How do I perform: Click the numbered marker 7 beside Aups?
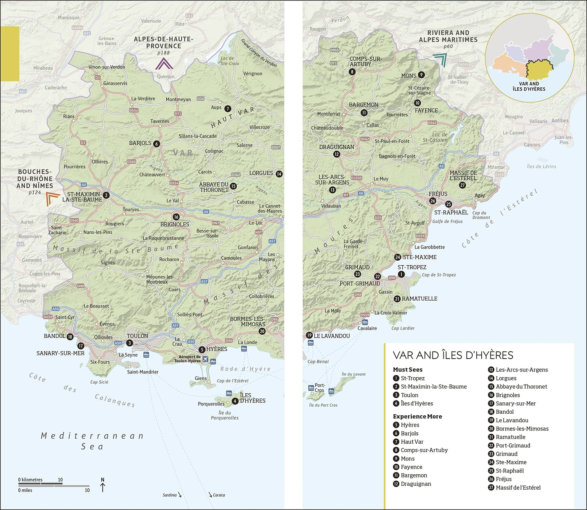pyautogui.click(x=228, y=108)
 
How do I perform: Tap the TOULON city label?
pyautogui.click(x=137, y=336)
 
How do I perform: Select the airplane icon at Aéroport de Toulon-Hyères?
pyautogui.click(x=205, y=360)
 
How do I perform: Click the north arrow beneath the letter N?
pyautogui.click(x=103, y=487)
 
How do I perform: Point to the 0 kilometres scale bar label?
pyautogui.click(x=30, y=479)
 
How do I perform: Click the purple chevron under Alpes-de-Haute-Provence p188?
pyautogui.click(x=164, y=64)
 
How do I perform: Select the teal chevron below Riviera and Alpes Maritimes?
pyautogui.click(x=441, y=60)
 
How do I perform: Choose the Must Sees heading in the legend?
pyautogui.click(x=407, y=369)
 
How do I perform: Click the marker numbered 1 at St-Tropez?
pyautogui.click(x=401, y=274)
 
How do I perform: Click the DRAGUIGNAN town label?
pyautogui.click(x=337, y=147)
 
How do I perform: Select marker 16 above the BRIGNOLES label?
pyautogui.click(x=176, y=216)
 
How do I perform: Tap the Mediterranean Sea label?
pyautogui.click(x=92, y=441)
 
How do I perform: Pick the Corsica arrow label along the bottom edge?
pyautogui.click(x=218, y=495)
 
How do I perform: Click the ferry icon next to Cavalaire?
pyautogui.click(x=365, y=322)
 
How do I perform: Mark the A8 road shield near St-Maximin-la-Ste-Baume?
pyautogui.click(x=84, y=184)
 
